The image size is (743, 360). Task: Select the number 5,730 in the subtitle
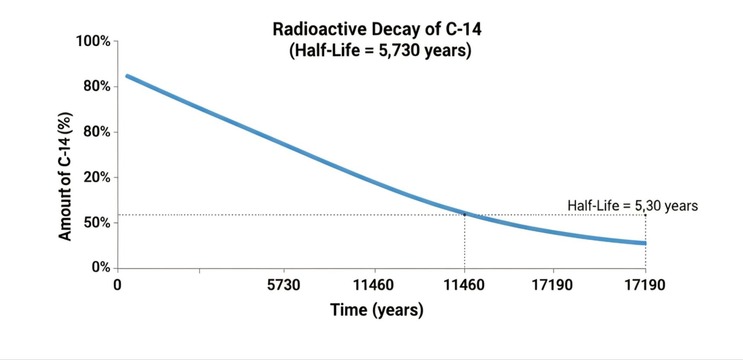click(x=399, y=50)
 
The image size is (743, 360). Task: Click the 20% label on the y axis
click(x=97, y=178)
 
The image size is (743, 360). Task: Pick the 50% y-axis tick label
click(x=97, y=223)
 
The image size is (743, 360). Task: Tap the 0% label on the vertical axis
click(x=101, y=267)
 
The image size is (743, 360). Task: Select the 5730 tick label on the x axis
click(x=284, y=285)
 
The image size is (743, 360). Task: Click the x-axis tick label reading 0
click(x=117, y=285)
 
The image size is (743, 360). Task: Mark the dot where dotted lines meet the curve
click(x=465, y=214)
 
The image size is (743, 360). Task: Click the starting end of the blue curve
click(x=127, y=76)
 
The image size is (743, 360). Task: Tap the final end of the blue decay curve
click(x=645, y=243)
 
